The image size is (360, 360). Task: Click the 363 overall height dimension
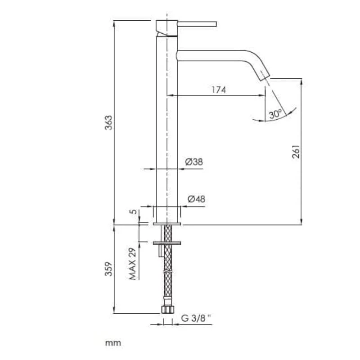109,122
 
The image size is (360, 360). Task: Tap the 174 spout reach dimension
219,90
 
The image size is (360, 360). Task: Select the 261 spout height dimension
296,152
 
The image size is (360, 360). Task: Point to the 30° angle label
275,114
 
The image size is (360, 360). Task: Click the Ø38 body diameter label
194,162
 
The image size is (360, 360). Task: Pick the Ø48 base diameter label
196,199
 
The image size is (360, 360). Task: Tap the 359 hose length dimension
109,269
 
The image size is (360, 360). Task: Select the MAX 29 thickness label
133,264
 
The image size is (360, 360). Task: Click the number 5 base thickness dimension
133,211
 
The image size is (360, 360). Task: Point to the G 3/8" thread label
196,318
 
